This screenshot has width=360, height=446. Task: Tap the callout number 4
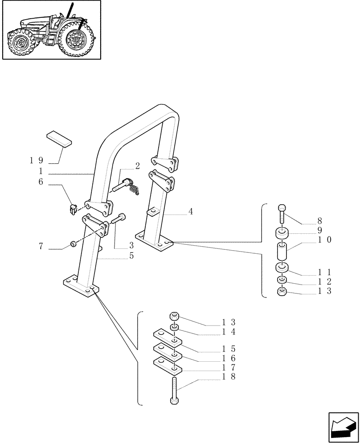(x=190, y=211)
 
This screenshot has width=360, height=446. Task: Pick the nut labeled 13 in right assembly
(x=282, y=292)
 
